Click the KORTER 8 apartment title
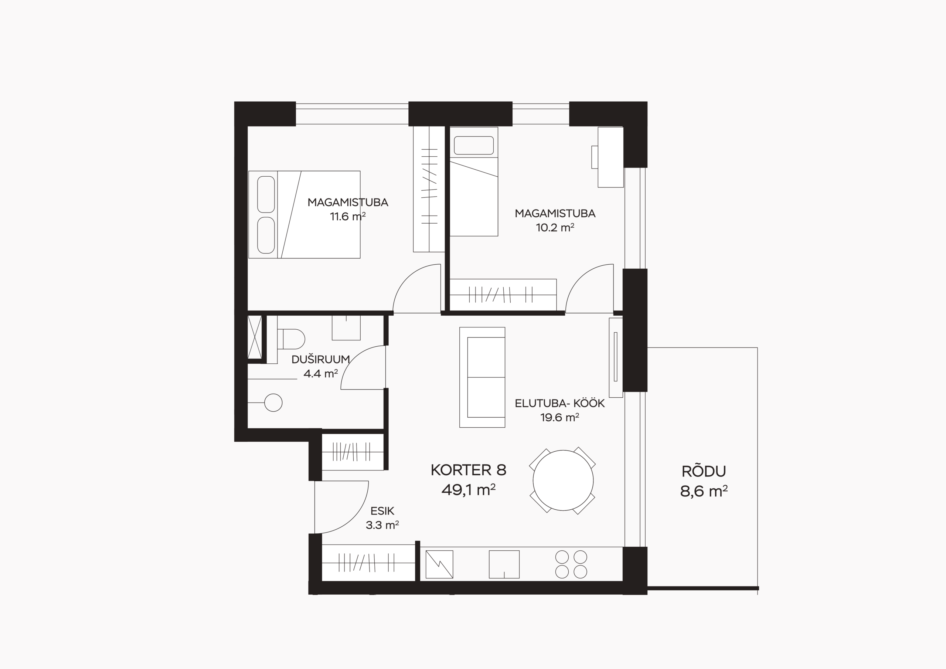pos(469,470)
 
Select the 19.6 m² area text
pos(559,418)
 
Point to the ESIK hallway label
pos(382,511)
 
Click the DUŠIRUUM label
pos(320,359)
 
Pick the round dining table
pos(563,480)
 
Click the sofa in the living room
pos(482,377)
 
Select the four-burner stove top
pos(571,564)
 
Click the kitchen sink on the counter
pos(504,564)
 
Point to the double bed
pos(304,215)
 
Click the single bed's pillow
pos(474,146)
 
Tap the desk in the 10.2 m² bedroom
pos(610,157)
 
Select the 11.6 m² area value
pos(348,216)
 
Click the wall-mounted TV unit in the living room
pos(616,357)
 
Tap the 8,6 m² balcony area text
pos(704,491)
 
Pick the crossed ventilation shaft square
pos(255,337)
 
